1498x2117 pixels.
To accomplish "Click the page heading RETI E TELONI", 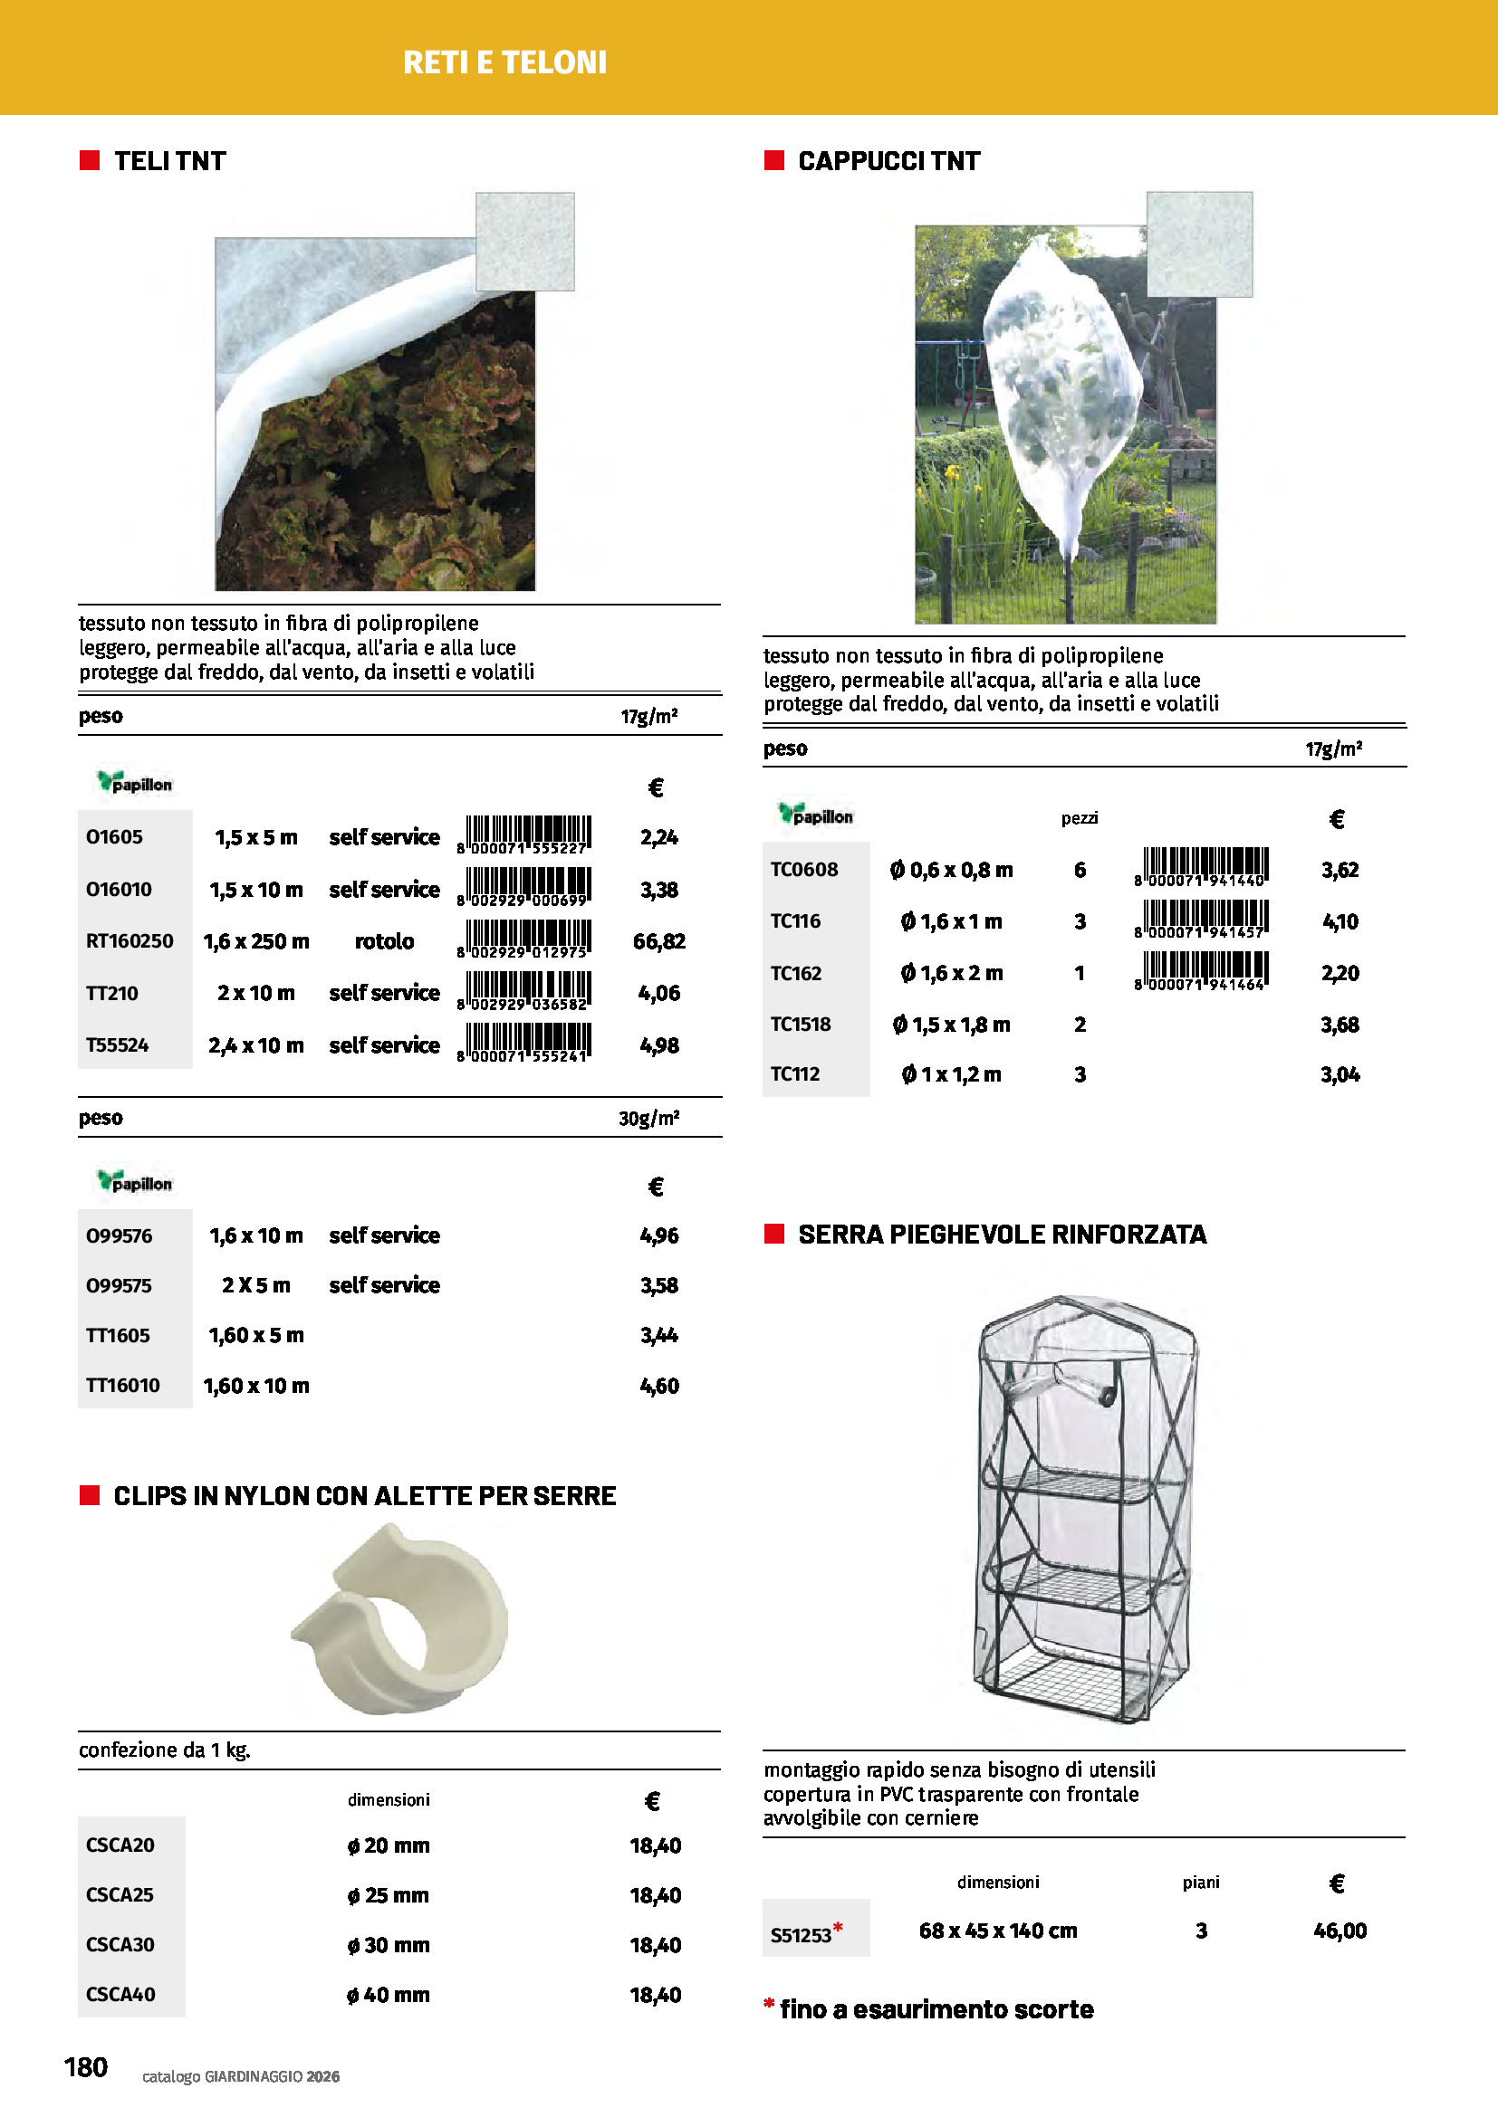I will coord(504,62).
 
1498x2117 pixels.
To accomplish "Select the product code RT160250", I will coord(130,941).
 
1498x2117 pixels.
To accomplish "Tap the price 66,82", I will coord(658,941).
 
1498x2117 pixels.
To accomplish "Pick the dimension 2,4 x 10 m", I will coord(255,1045).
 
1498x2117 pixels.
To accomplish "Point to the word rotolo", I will coord(384,941).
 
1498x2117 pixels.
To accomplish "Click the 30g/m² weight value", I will coord(648,1118).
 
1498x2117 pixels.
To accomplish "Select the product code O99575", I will coord(119,1285).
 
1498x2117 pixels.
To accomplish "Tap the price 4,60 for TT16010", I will coord(659,1386).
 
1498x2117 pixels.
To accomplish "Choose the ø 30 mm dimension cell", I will coord(389,1946).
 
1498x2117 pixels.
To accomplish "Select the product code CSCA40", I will coord(120,1996).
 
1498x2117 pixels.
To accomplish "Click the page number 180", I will coord(86,2067).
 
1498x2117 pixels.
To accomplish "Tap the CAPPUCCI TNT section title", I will coord(888,161).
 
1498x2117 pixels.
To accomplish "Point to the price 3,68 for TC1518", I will coord(1340,1025).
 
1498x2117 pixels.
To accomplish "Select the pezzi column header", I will coord(1080,818).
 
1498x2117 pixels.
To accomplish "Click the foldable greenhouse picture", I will coord(1084,1510).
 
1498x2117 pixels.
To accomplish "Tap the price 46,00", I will coord(1340,1931).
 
